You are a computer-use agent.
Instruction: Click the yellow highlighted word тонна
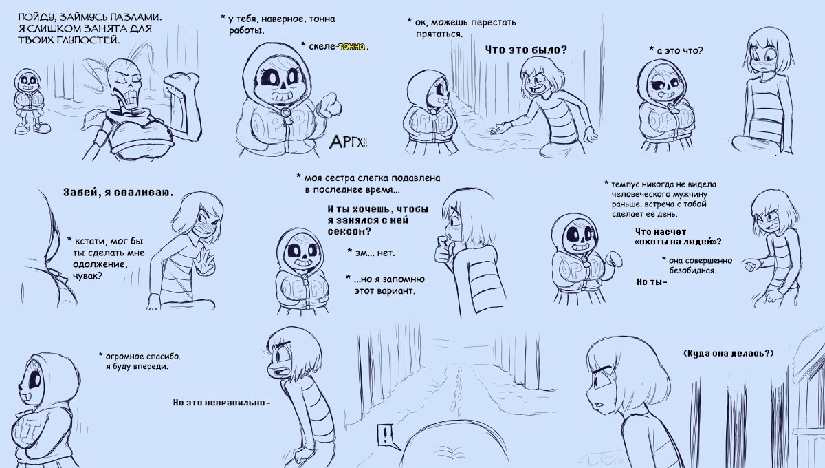point(352,47)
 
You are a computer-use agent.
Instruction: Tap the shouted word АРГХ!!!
point(349,142)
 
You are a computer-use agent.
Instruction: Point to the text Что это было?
point(525,50)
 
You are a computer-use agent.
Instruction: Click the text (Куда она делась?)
point(728,353)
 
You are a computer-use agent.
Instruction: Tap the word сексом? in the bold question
point(349,232)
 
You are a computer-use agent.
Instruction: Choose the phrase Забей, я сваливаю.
point(118,193)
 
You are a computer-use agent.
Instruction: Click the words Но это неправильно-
point(221,403)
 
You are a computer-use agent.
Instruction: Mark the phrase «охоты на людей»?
point(678,242)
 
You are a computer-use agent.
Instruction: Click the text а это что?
point(679,50)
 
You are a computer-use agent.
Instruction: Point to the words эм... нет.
point(375,253)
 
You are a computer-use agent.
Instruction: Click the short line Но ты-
point(652,282)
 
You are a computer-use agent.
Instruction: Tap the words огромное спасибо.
point(143,357)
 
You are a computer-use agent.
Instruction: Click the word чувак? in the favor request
point(87,276)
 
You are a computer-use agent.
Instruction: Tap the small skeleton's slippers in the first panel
point(32,128)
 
